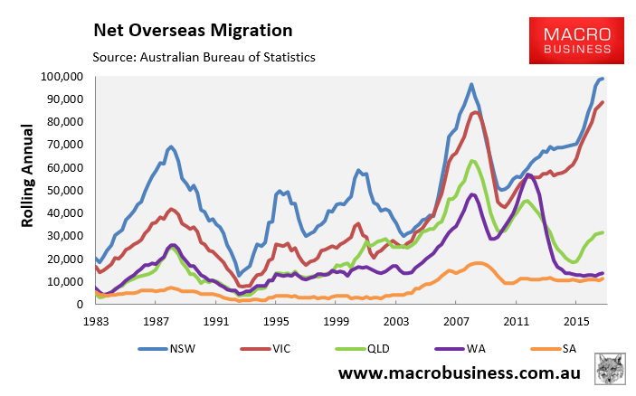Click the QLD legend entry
tap(354, 348)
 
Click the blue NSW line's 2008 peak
tap(471, 85)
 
